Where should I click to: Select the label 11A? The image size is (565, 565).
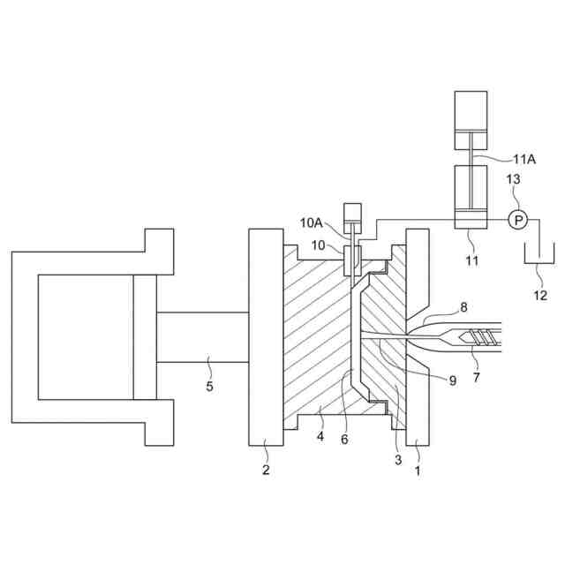point(524,160)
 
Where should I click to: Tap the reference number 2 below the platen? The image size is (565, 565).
point(266,469)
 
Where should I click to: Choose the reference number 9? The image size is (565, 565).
point(452,380)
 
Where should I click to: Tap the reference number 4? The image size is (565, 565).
point(320,435)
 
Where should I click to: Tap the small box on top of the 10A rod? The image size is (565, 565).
point(354,212)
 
